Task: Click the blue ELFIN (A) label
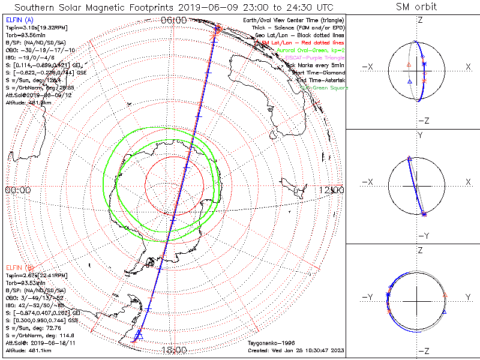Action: [20, 20]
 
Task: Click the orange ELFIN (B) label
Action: [20, 267]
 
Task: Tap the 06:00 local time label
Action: [174, 20]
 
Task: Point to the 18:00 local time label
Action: [174, 349]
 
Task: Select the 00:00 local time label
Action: [18, 190]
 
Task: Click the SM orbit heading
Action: [417, 7]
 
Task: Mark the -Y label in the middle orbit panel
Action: [423, 235]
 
